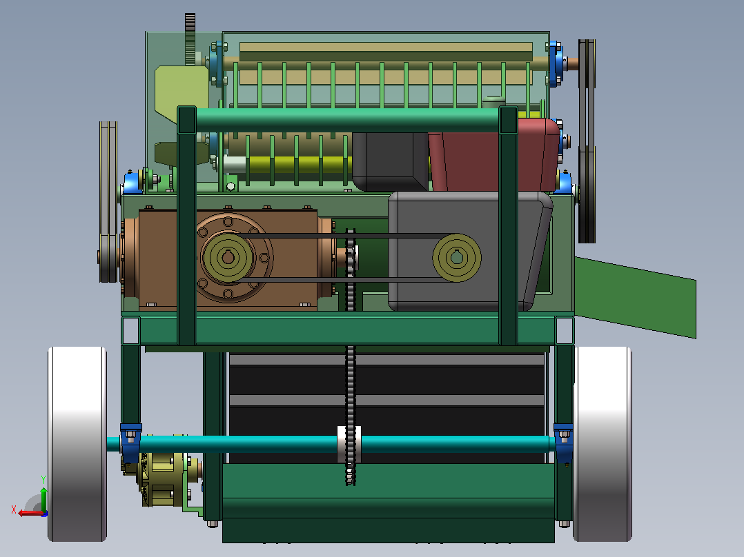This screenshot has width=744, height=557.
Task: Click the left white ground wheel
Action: (x=77, y=444)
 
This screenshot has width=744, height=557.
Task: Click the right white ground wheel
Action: (x=603, y=444)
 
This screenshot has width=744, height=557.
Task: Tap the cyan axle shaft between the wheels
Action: (x=332, y=444)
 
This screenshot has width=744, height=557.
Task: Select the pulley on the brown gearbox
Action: (x=228, y=257)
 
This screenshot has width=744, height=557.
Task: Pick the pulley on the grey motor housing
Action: (x=456, y=257)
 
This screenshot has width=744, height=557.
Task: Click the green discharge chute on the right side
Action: (x=635, y=297)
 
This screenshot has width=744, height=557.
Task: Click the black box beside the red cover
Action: (x=390, y=161)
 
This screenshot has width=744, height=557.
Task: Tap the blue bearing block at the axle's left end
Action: (x=130, y=443)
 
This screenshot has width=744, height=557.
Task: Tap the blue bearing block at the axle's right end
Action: (x=563, y=443)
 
